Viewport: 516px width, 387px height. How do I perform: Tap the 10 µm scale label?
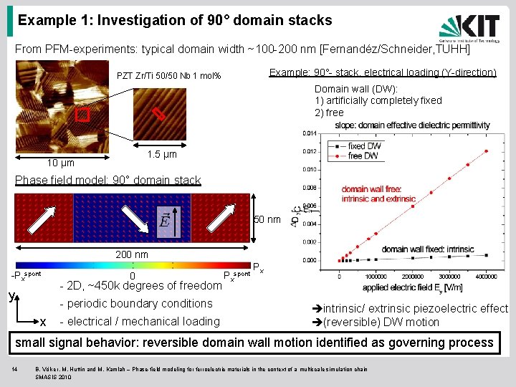coord(60,163)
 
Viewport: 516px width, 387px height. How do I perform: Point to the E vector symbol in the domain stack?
coord(164,220)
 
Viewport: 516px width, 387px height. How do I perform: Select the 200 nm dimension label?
coord(132,254)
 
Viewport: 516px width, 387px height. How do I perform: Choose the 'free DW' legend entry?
coord(362,156)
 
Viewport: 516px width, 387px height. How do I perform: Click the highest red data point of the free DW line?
coord(486,151)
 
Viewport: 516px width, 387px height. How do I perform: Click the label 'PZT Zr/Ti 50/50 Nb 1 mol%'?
coord(169,77)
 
